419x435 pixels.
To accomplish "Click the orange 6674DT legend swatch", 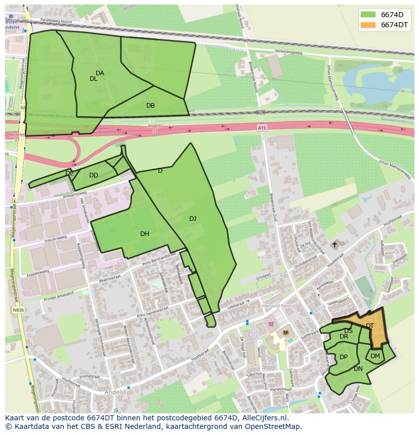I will point(368,25).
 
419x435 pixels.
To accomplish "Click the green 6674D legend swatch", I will point(368,14).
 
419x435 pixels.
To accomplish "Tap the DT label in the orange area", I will point(370,326).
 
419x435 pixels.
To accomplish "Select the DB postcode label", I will point(150,106).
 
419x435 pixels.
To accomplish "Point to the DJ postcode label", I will point(193,219).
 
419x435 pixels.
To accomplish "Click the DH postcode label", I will point(145,233).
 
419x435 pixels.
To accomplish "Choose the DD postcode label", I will point(94,175).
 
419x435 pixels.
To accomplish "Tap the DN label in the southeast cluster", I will point(358,369).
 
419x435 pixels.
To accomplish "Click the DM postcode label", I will point(375,356).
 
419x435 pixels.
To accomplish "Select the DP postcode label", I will point(344,357).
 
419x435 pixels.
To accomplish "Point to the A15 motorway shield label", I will point(262,128).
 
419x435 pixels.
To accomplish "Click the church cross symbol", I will point(334,245).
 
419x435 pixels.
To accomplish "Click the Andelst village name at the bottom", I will point(115,392).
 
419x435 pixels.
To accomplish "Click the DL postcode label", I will point(94,79).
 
